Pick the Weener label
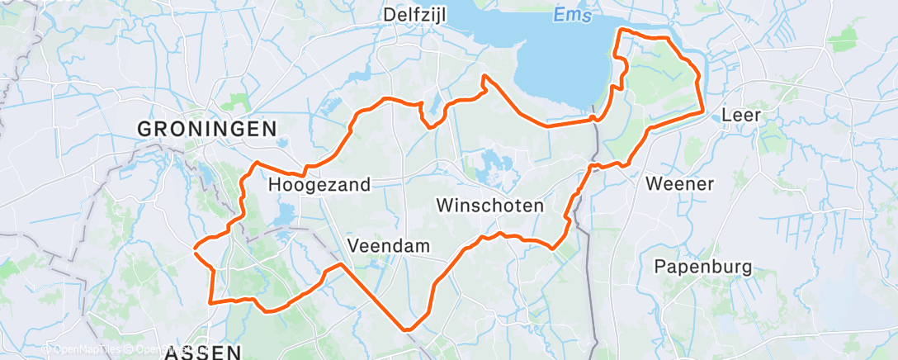pos(680,183)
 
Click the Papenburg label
pos(703,267)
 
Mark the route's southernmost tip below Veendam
pos(407,329)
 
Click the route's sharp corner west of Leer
pos(702,111)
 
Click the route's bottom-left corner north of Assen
pos(212,302)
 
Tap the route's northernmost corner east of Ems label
pos(621,30)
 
